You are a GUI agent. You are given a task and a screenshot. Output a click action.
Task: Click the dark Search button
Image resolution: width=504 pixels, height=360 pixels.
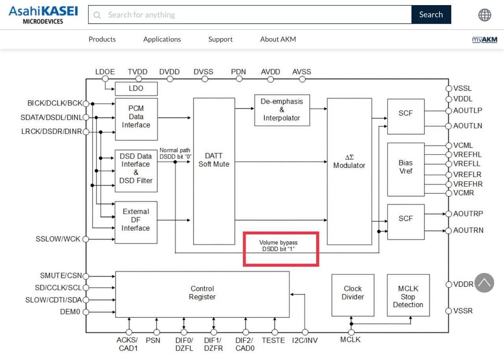[x=431, y=15]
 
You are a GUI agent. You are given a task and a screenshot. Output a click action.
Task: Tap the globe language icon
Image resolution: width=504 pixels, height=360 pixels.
[x=485, y=15]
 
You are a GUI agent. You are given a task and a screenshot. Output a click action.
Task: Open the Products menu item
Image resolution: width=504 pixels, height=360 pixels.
[x=102, y=39]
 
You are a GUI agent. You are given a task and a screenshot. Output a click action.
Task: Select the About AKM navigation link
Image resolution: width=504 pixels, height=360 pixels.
[x=278, y=39]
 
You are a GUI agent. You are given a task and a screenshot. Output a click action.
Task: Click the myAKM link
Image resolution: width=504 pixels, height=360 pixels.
[x=485, y=40]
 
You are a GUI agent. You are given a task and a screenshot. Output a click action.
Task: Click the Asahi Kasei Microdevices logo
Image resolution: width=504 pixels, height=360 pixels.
[x=43, y=15]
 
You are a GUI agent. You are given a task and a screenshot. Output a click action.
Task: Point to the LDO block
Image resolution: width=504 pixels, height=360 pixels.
[x=136, y=89]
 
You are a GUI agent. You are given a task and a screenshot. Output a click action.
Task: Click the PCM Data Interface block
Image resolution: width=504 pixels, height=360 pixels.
[x=136, y=119]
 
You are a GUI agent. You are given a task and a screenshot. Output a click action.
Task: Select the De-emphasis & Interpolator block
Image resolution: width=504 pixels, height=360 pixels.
[x=282, y=110]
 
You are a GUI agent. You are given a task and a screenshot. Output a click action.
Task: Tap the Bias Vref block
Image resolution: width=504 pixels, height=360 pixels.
[x=406, y=169]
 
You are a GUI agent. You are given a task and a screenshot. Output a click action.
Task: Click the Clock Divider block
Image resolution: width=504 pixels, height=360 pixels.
[x=353, y=295]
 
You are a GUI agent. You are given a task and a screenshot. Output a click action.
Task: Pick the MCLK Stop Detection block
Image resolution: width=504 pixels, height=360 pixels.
[x=408, y=295]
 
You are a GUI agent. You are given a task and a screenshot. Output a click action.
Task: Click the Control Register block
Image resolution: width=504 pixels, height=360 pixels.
[x=202, y=294]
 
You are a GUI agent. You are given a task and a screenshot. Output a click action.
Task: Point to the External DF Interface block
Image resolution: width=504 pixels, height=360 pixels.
[x=136, y=222]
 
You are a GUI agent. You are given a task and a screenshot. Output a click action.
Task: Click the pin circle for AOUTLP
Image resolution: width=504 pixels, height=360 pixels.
[x=448, y=111]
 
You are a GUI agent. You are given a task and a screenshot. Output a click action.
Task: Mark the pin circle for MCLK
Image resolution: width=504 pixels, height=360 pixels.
[x=351, y=332]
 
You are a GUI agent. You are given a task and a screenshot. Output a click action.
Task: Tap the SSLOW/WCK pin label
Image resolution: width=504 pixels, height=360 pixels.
[x=58, y=239]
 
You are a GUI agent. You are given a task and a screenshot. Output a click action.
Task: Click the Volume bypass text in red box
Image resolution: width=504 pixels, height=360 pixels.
[x=278, y=246]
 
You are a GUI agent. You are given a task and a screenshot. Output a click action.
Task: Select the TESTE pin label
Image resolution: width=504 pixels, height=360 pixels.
[x=273, y=340]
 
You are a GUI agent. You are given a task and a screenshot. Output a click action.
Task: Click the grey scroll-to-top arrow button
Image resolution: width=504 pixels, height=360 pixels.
[x=484, y=283]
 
